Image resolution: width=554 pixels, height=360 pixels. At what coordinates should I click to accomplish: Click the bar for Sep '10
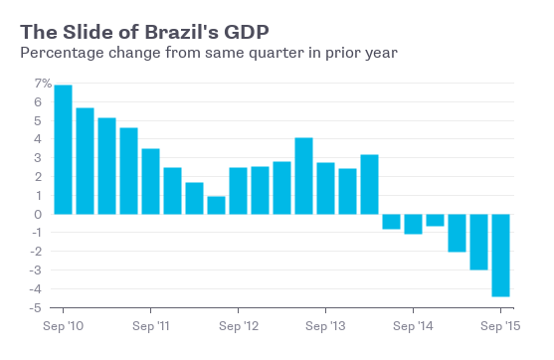[x=63, y=149]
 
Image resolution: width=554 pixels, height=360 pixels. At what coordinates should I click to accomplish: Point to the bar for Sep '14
[x=413, y=224]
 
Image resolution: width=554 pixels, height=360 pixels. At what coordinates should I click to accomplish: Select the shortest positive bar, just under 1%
[x=216, y=205]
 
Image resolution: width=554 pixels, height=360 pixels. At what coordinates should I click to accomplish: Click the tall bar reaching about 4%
[x=303, y=176]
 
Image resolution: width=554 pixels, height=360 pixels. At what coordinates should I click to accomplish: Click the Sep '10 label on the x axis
[x=63, y=326]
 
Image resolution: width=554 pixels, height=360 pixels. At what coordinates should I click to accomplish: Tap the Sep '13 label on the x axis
[x=325, y=326]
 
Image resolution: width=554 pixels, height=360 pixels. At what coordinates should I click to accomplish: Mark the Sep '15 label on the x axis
[x=500, y=326]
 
